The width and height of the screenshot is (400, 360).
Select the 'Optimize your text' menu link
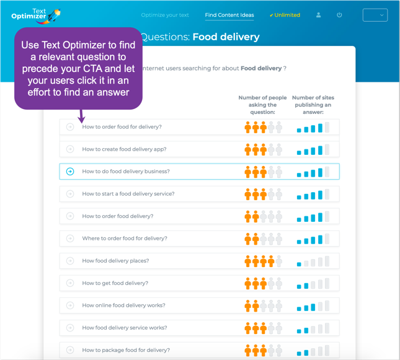click(165, 15)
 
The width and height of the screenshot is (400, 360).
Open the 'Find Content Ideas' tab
click(229, 15)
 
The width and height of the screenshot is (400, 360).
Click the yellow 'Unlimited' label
click(285, 15)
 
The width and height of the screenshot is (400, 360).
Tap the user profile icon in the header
click(319, 15)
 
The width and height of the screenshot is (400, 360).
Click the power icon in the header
click(339, 15)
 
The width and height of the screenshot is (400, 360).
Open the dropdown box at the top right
click(375, 15)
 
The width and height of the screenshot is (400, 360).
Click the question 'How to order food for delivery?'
click(122, 127)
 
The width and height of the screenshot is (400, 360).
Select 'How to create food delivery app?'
click(124, 149)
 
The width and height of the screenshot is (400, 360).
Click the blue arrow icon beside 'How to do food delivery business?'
click(70, 172)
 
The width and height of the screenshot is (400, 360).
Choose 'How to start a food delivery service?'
click(128, 194)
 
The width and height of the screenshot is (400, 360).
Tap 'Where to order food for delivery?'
click(125, 239)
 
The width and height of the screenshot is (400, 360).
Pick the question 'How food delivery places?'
click(115, 261)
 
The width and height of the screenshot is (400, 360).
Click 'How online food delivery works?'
click(123, 305)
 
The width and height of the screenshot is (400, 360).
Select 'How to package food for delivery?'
click(126, 350)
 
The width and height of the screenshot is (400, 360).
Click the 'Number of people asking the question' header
click(262, 105)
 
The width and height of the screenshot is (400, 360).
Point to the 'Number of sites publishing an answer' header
click(313, 105)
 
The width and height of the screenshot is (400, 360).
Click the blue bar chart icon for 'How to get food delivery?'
click(313, 283)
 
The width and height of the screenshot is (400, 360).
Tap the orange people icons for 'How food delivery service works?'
click(263, 328)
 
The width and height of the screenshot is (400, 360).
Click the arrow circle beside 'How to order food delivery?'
click(70, 216)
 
